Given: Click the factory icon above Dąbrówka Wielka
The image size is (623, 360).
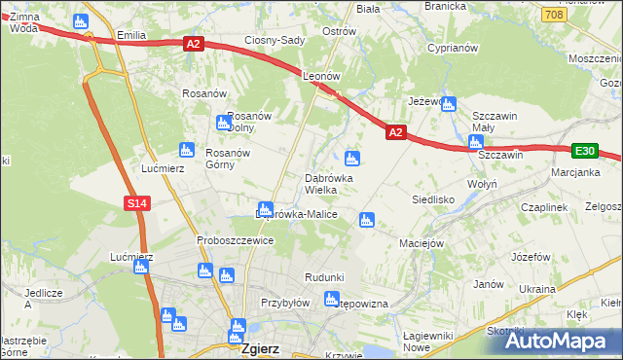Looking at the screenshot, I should (x=352, y=158).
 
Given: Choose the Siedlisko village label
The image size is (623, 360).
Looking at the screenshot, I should (x=434, y=198).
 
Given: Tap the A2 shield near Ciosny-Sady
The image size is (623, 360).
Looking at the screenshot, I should (x=193, y=44).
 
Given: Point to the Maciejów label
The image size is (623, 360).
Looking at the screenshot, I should (x=422, y=243).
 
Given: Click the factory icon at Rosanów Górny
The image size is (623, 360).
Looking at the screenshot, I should (x=186, y=150).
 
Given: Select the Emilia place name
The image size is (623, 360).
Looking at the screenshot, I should (x=130, y=35).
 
